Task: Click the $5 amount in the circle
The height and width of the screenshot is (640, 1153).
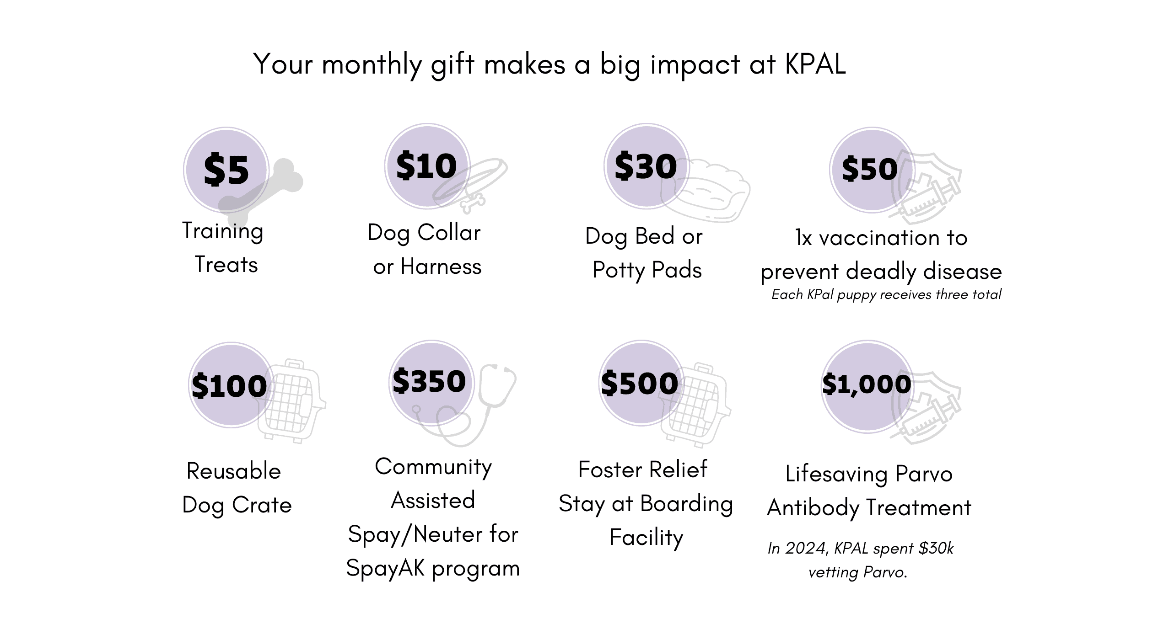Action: (226, 170)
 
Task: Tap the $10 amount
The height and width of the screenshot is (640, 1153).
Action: (426, 165)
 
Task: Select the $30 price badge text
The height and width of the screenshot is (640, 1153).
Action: (646, 166)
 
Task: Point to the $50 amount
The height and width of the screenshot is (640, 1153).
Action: (870, 169)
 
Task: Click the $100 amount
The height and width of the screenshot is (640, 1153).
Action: (229, 386)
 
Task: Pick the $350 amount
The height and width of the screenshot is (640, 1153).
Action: (429, 381)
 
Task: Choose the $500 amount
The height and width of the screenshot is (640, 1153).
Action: (640, 383)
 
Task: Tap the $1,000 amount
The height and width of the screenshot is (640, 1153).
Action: (867, 384)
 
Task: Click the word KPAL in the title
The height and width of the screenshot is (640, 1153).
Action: (815, 64)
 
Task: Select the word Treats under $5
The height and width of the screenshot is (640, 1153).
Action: (226, 265)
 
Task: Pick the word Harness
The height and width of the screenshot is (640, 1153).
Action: (441, 267)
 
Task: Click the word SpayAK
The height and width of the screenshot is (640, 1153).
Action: (386, 569)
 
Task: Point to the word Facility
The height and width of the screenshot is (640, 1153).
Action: (647, 538)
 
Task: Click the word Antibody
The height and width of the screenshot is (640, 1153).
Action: (814, 508)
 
